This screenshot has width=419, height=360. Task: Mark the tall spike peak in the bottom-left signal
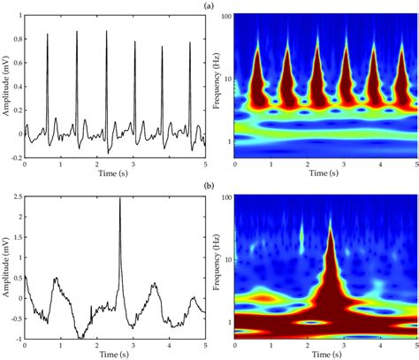click(x=120, y=198)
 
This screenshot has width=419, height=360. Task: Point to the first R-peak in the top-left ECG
click(x=48, y=34)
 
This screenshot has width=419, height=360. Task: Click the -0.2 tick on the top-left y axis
click(x=15, y=157)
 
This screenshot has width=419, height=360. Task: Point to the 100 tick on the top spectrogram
click(x=225, y=17)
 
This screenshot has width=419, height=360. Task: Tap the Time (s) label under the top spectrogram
click(x=325, y=175)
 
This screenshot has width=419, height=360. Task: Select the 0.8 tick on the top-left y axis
click(x=16, y=34)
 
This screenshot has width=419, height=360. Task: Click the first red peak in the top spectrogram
click(x=257, y=55)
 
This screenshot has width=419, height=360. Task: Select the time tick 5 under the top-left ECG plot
click(x=204, y=165)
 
